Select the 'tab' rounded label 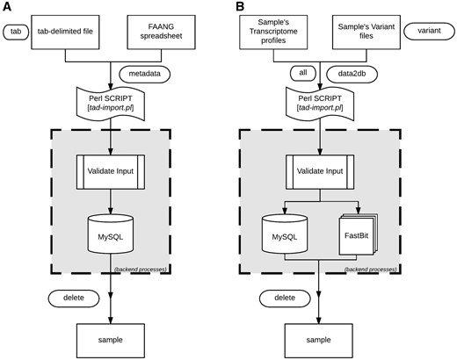18,32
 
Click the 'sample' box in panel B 319,336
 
